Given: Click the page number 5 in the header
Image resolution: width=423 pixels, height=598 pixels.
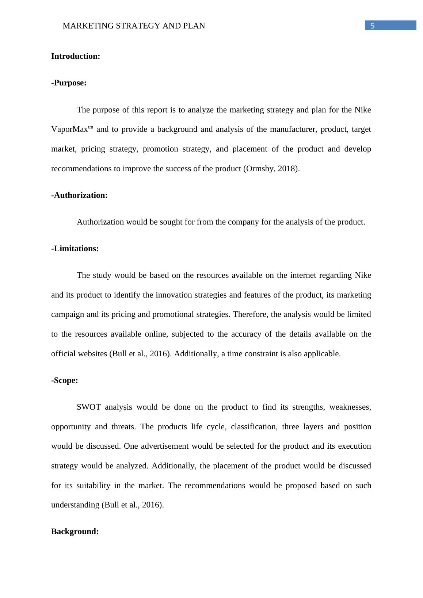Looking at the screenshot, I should [x=372, y=26].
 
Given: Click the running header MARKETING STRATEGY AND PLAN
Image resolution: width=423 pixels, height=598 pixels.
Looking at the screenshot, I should [x=134, y=26].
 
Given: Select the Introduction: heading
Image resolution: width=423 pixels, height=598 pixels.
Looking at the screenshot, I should [x=76, y=56].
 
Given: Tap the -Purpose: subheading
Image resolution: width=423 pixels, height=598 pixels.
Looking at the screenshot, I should [x=69, y=83].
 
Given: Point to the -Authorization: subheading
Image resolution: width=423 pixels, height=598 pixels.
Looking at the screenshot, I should [x=79, y=195].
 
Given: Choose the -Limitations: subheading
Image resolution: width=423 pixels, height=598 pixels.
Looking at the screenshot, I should [x=75, y=249].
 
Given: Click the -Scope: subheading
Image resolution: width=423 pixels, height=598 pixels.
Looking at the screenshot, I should [x=64, y=380].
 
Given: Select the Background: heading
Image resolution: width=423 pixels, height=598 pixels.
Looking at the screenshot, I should [x=75, y=532].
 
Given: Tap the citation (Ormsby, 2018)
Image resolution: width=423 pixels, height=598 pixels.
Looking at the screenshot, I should [x=271, y=169].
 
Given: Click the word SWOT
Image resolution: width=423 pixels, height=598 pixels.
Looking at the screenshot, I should [x=88, y=407].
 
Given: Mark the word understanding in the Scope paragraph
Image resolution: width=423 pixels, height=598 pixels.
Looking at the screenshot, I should [x=76, y=505].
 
